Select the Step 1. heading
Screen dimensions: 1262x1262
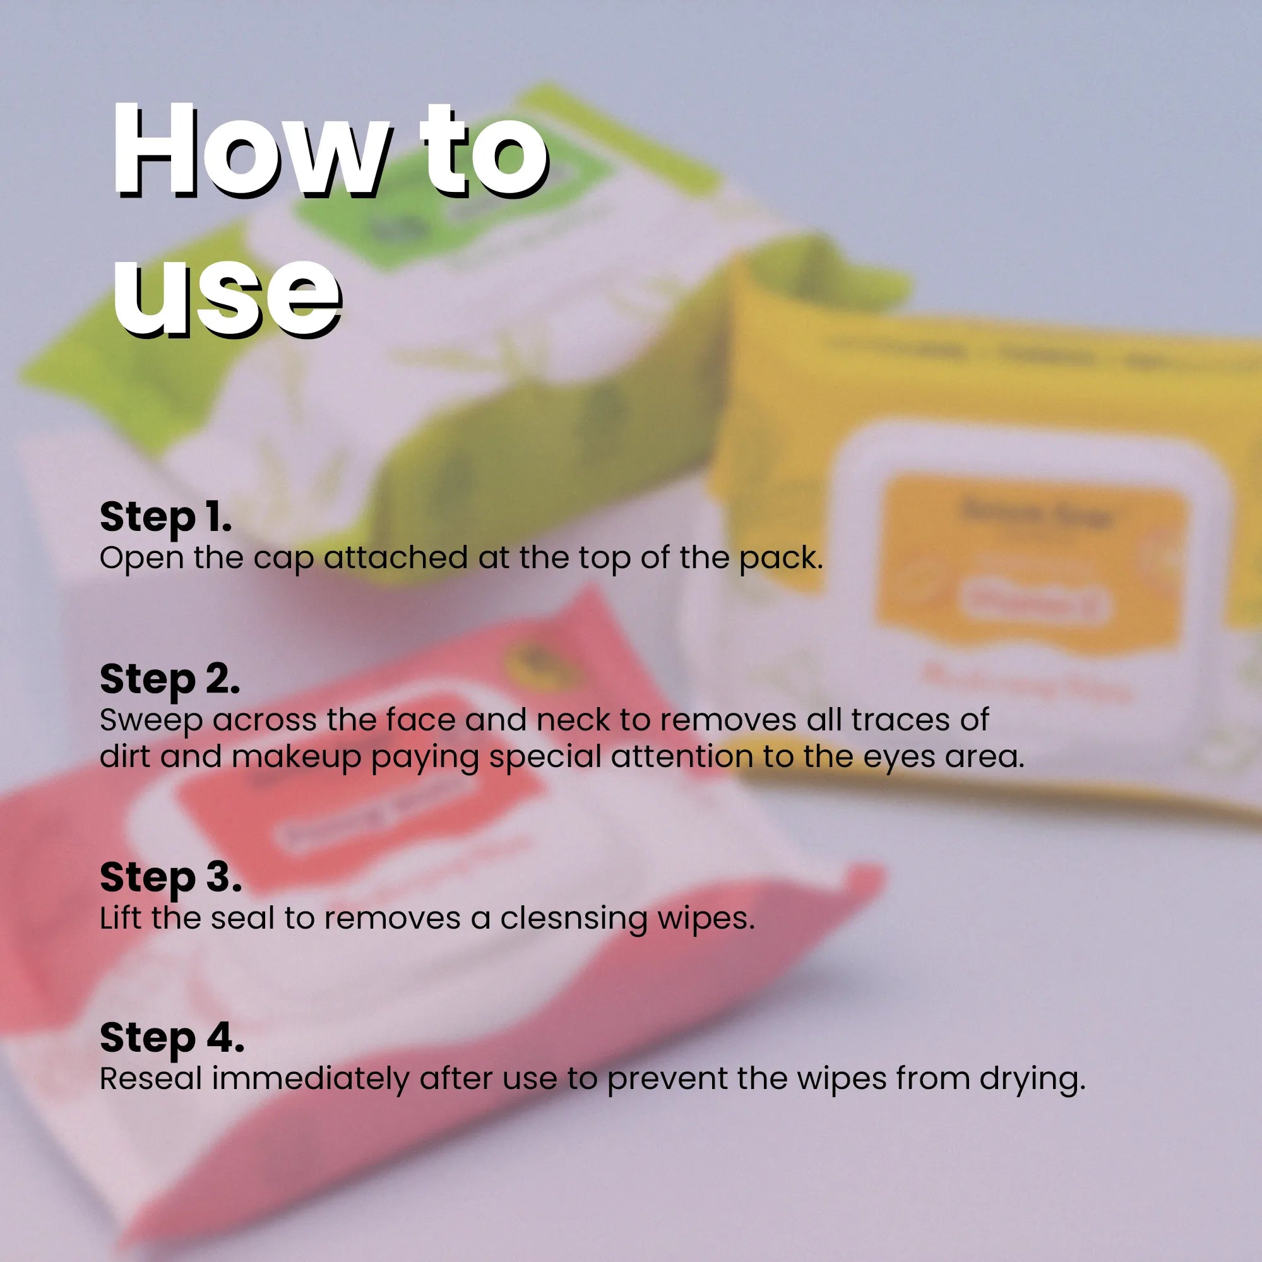165,517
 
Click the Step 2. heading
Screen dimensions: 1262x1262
169,679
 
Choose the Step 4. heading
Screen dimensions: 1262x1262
171,1037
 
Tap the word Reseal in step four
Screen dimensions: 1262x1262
151,1078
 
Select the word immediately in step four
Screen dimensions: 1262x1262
309,1078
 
